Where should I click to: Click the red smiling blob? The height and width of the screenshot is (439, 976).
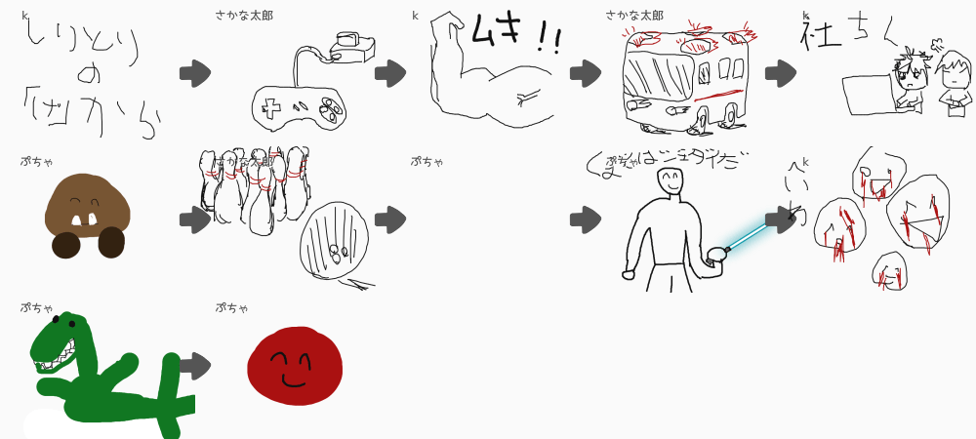tap(294, 366)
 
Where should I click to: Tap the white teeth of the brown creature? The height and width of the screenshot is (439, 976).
tap(85, 219)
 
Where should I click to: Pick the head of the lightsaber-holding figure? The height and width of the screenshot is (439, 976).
tap(670, 180)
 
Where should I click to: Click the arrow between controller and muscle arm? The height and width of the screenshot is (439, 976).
tap(389, 73)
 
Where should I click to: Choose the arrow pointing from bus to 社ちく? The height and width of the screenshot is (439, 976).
tap(780, 73)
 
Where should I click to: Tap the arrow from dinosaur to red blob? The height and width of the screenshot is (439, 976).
tap(194, 366)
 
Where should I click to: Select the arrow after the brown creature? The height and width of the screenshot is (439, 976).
tap(194, 219)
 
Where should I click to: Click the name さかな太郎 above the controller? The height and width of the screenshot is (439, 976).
tap(244, 15)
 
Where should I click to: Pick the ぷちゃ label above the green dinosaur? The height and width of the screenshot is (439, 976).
tap(37, 307)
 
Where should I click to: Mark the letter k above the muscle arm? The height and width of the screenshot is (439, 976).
tap(415, 15)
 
